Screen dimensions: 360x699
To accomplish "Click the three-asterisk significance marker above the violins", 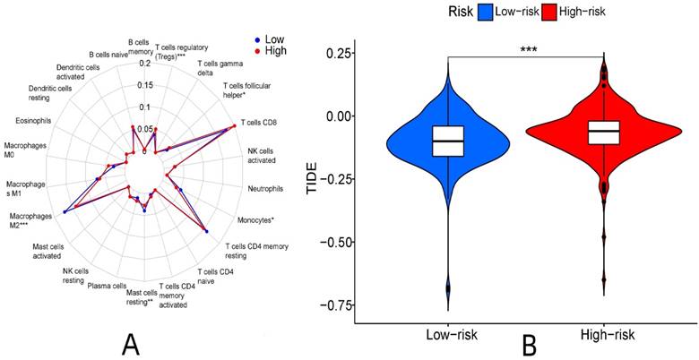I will [x=526, y=50].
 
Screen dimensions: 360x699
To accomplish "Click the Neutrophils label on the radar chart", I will [x=264, y=189].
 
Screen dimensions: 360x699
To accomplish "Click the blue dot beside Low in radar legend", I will [x=257, y=40].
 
